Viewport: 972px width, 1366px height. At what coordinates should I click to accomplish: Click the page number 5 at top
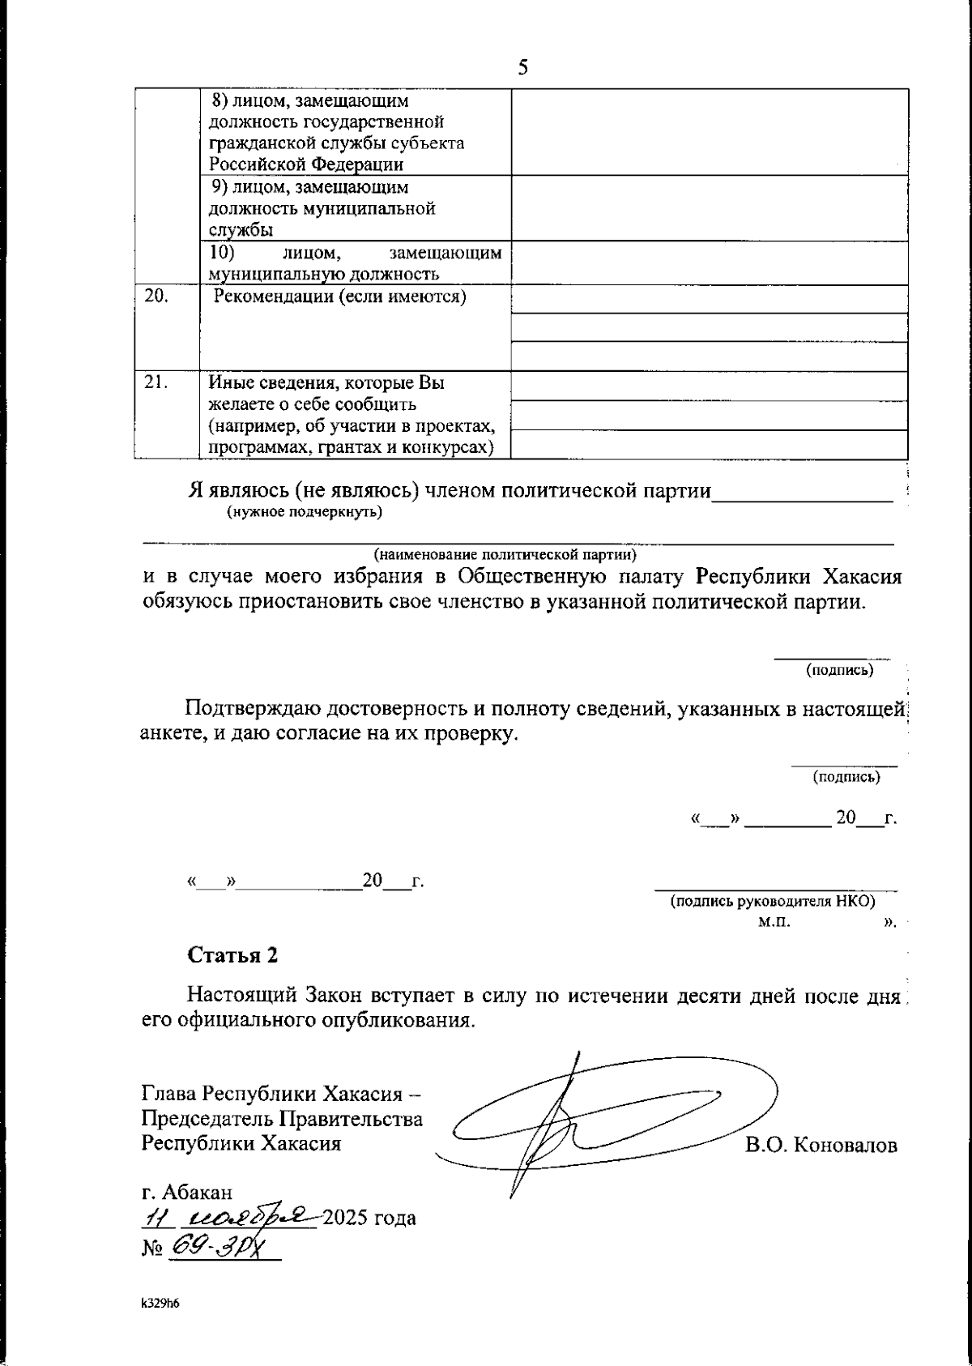pos(523,67)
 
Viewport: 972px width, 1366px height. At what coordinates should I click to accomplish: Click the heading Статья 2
pos(232,954)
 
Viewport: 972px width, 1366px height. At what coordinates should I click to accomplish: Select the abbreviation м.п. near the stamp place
pos(774,922)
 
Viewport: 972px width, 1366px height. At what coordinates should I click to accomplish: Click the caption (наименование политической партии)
pos(505,555)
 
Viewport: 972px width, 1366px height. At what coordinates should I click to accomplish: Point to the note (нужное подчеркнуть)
pos(305,511)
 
